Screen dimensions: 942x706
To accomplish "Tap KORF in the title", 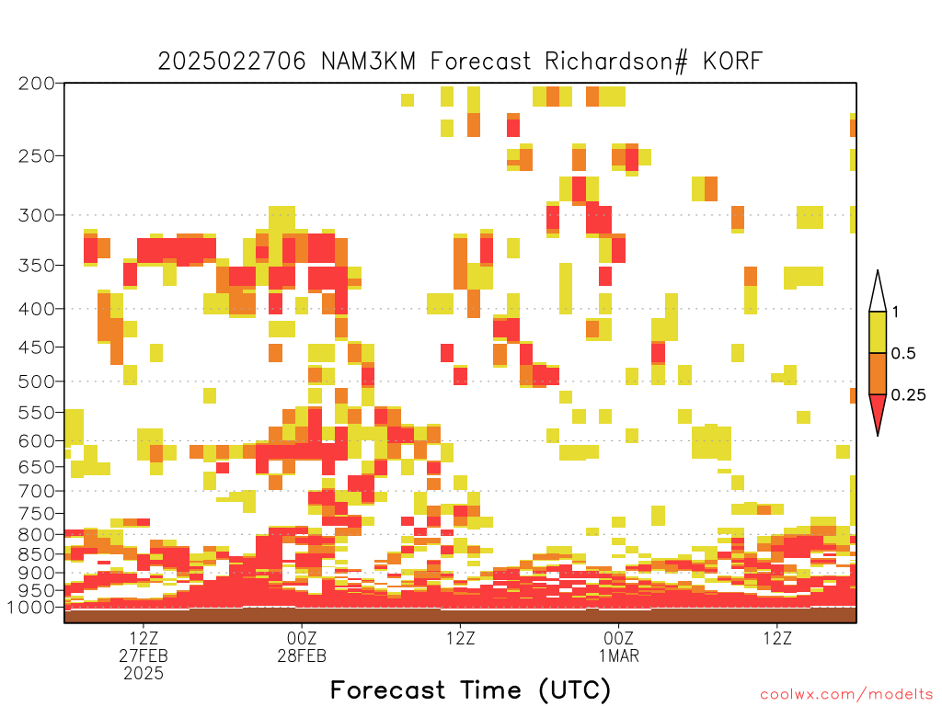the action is click(732, 62).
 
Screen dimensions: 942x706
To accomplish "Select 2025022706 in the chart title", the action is click(232, 62).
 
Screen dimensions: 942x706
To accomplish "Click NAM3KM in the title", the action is click(368, 62).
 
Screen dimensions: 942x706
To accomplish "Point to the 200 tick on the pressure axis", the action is click(36, 84).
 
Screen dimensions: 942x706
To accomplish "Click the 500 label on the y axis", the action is click(36, 381).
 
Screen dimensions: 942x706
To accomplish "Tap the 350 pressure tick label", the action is click(36, 266).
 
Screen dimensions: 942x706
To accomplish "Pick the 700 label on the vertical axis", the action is click(36, 492).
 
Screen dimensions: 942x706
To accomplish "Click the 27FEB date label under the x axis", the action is click(144, 655).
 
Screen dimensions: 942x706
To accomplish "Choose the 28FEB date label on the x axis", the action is click(302, 655).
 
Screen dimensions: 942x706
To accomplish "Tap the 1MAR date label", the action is click(619, 655).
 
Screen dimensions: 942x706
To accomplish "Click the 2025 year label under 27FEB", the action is click(144, 674).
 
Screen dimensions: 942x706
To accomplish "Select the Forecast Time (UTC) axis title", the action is click(470, 690).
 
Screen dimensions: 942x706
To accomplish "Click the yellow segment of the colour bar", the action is click(878, 333).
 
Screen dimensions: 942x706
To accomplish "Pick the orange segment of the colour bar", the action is click(878, 373).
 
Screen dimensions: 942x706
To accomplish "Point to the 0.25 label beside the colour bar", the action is click(908, 395).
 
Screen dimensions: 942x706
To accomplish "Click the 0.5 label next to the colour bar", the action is click(903, 354).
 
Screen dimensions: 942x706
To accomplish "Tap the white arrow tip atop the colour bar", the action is click(878, 271).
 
